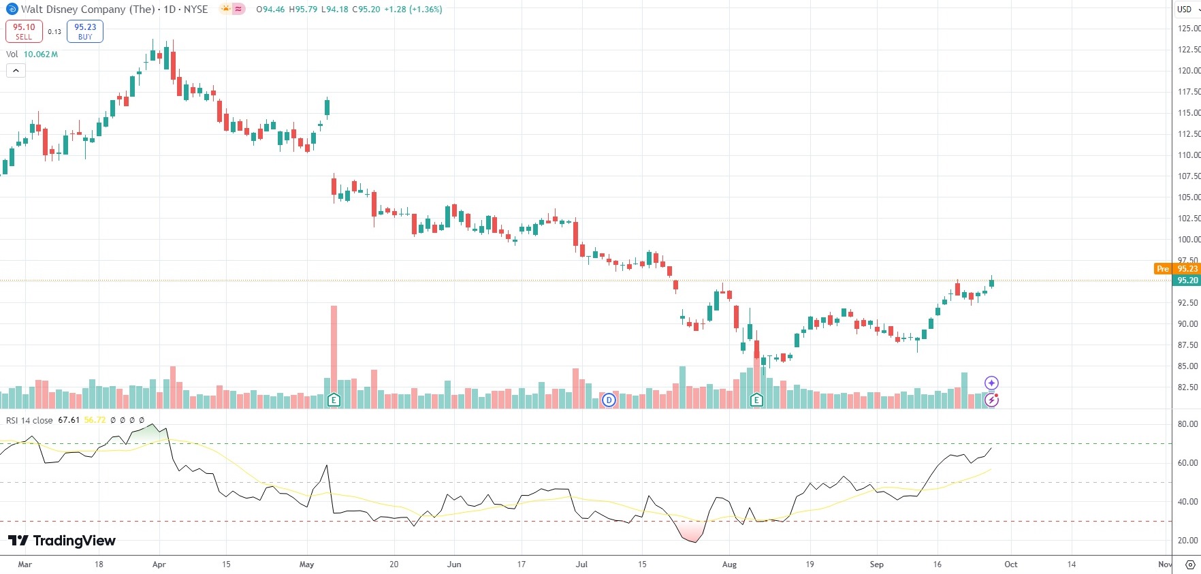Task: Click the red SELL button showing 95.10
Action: tap(24, 31)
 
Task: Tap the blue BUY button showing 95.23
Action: tap(85, 31)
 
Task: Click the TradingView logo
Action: tap(62, 541)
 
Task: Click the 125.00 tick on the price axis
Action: tap(1188, 29)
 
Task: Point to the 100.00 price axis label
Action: tap(1188, 240)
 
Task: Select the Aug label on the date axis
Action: tap(729, 564)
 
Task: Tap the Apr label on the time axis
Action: tap(159, 564)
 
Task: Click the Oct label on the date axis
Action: tap(1011, 564)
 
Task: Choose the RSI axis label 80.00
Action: tap(1187, 424)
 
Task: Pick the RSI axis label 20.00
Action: tap(1187, 541)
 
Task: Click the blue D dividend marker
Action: tap(609, 400)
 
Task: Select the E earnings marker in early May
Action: tap(334, 400)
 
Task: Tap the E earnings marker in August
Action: tap(756, 400)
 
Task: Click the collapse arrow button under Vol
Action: tap(16, 70)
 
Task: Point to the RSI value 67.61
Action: tap(69, 420)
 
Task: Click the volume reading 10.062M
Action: tap(41, 54)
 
